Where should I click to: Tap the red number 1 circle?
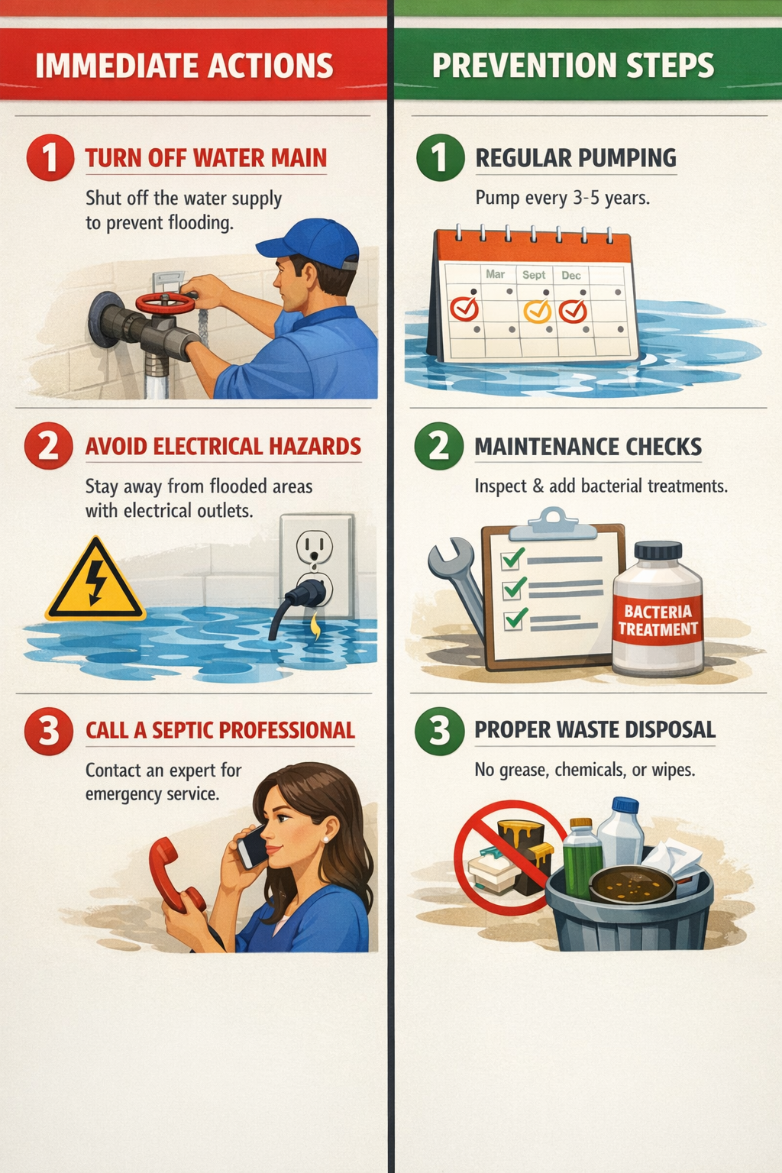[50, 158]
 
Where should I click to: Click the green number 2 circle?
[439, 446]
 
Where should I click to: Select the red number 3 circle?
[49, 731]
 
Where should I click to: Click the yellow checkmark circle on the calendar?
[537, 311]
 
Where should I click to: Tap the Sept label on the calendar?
[534, 275]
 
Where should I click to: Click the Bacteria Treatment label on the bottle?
[658, 621]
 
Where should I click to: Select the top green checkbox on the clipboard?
[512, 559]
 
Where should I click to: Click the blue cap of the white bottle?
[625, 805]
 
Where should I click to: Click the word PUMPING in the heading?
[626, 158]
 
